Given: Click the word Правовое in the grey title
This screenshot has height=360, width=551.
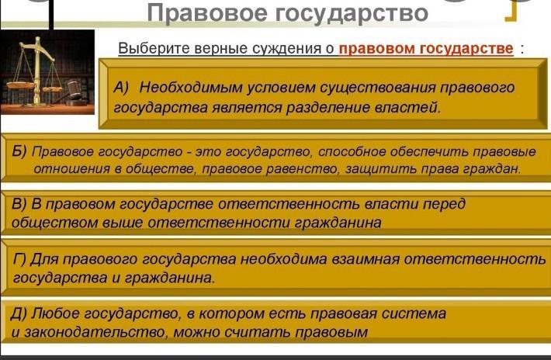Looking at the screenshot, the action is [x=207, y=13].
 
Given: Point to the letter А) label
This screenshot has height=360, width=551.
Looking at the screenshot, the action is [x=121, y=88].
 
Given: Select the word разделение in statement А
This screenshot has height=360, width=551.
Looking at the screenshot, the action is [x=327, y=108].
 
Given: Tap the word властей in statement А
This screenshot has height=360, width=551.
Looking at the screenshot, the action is [x=407, y=108].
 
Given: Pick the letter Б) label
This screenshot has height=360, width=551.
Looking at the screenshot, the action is [x=19, y=151].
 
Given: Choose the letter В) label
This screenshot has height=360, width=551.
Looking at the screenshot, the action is [x=19, y=204].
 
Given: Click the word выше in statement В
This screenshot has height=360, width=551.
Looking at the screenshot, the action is [x=123, y=223].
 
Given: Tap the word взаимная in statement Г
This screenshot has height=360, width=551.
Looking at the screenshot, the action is [x=366, y=259].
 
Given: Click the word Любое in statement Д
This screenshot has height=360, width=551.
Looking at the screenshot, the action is [x=56, y=313].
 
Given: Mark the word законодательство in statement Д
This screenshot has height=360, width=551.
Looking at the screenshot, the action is [x=94, y=332].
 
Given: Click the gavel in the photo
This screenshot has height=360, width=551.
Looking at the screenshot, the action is [x=73, y=92].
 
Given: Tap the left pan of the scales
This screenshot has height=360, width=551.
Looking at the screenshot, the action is [x=20, y=85].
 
